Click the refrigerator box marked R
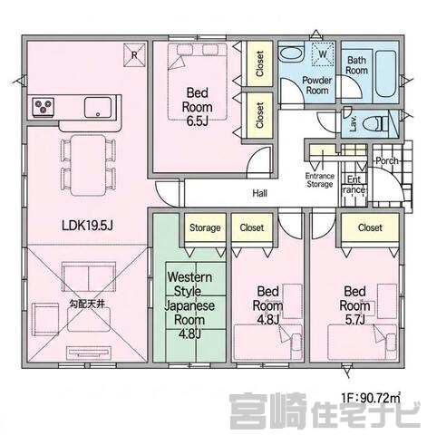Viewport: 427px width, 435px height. (134, 54)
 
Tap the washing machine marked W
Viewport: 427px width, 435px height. (323, 53)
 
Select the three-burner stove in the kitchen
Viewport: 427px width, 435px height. (44, 107)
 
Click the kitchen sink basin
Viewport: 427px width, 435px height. (98, 107)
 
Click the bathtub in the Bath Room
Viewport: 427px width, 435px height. (385, 74)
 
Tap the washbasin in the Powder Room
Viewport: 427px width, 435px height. (291, 54)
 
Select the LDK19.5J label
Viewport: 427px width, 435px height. (87, 226)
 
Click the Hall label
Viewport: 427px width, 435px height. (260, 193)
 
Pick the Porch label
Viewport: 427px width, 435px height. (387, 160)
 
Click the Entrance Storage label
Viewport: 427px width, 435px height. (320, 180)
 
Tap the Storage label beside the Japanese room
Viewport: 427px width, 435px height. (205, 227)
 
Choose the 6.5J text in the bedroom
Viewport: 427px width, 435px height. (197, 121)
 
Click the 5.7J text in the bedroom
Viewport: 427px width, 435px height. (355, 320)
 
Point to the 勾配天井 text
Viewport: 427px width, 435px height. (87, 304)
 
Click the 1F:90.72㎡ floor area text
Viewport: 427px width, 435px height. (372, 398)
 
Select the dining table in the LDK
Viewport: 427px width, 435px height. (88, 166)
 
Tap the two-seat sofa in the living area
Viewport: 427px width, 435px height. (89, 277)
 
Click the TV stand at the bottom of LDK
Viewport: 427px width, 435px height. (89, 353)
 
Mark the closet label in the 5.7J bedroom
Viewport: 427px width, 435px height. (370, 227)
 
